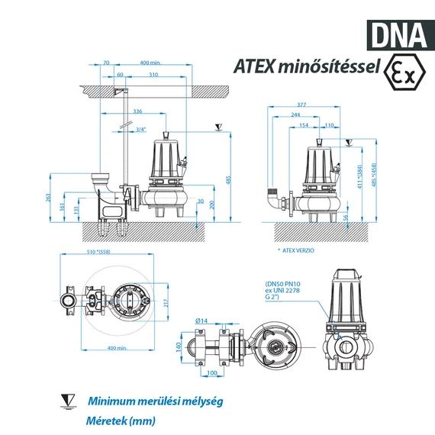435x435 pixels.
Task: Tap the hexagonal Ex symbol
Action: (403, 72)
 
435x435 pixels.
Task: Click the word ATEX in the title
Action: (257, 66)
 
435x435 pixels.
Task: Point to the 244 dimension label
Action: (295, 114)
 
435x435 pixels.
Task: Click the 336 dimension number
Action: (137, 111)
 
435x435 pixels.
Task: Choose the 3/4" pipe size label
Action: (140, 130)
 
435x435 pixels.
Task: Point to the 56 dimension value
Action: (345, 217)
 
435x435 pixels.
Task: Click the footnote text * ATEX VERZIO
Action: (295, 250)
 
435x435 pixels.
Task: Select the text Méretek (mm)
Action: (120, 420)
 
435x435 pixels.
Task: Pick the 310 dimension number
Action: (153, 74)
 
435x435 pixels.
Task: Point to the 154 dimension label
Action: (304, 124)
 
